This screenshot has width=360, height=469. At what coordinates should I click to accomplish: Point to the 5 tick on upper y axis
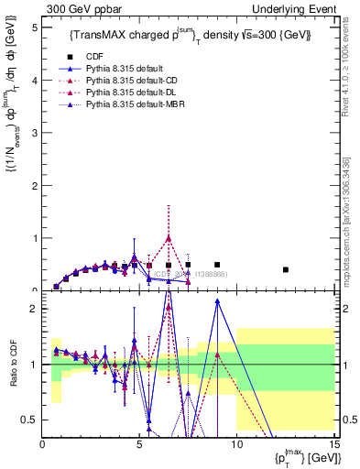35,27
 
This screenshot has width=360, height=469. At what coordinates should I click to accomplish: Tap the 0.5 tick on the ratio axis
30,420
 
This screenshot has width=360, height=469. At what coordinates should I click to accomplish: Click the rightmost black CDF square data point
286,269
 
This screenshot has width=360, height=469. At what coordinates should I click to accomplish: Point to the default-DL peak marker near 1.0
169,238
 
